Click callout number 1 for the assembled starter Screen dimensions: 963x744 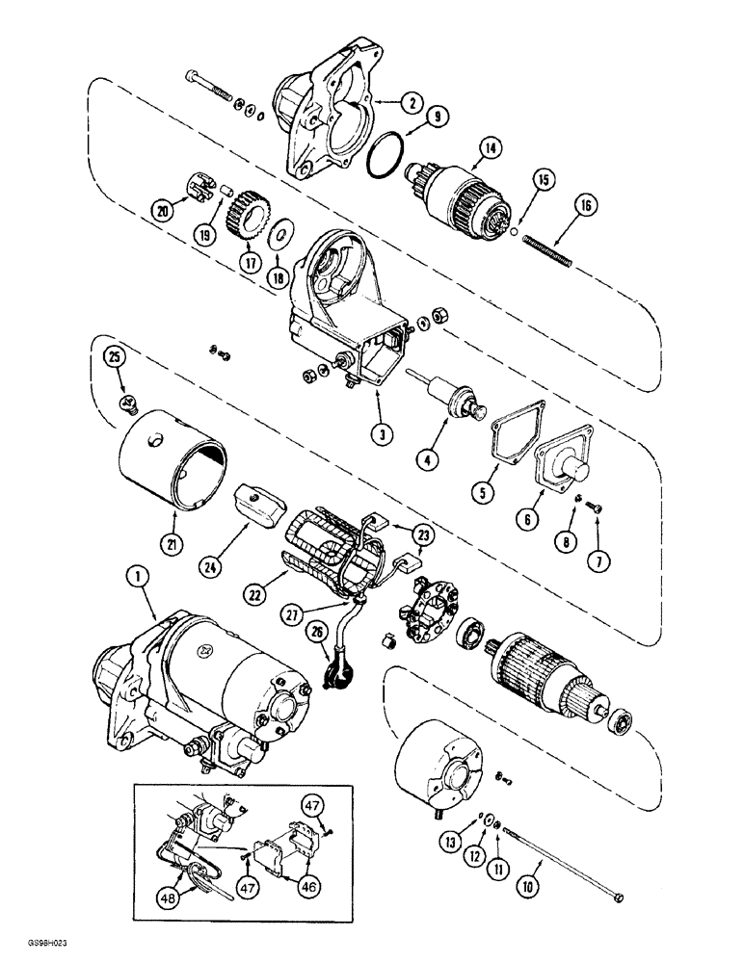pos(135,579)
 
